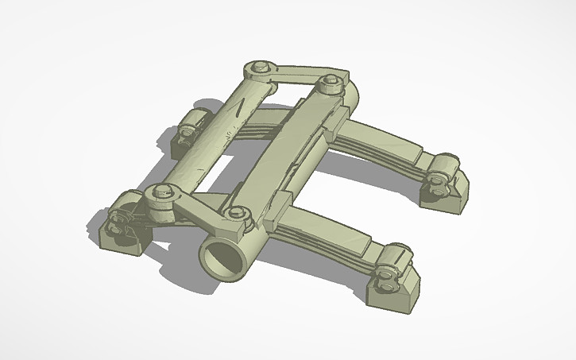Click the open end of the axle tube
[x=219, y=259]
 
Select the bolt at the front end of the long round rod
[x=162, y=192]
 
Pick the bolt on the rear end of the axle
[x=330, y=82]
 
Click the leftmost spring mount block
[x=119, y=230]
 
